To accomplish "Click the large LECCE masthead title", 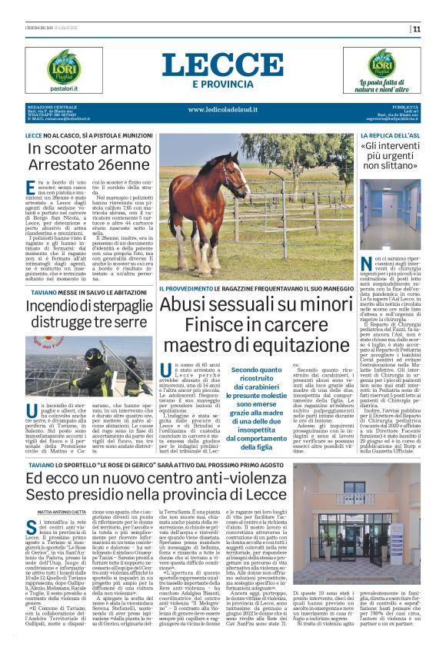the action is pyautogui.click(x=223, y=64).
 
